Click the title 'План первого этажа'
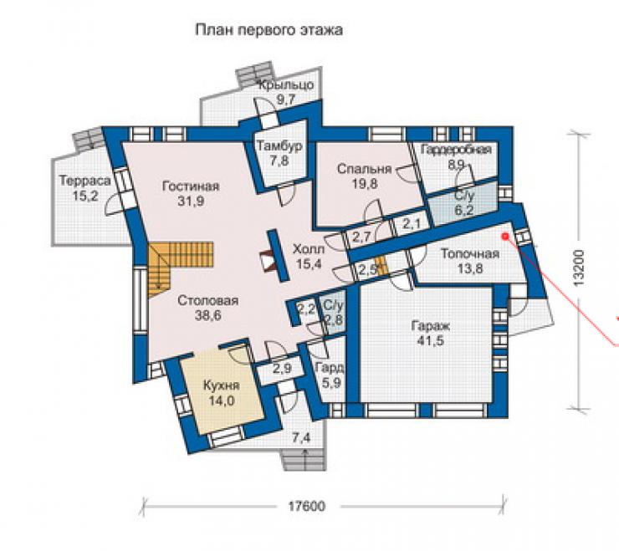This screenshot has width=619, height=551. tap(269, 30)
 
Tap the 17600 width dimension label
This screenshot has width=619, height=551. tap(307, 506)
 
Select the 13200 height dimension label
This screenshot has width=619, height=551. tap(579, 268)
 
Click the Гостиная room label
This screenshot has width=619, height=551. tap(191, 186)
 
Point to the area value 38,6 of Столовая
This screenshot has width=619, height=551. tap(208, 315)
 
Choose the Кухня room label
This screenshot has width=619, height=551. tap(222, 385)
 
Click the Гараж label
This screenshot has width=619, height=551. tap(431, 326)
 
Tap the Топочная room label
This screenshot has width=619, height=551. tap(470, 253)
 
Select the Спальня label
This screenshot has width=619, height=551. tap(365, 169)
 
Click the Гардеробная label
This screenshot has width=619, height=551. tap(456, 150)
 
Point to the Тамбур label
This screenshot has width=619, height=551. tap(280, 146)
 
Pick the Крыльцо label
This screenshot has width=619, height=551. tap(286, 84)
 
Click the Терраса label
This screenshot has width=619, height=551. tap(84, 181)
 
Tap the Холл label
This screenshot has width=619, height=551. tap(309, 249)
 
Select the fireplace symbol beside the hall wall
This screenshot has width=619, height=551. tap(268, 261)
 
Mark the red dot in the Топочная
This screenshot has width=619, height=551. tap(504, 236)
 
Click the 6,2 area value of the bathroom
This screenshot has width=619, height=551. tap(464, 210)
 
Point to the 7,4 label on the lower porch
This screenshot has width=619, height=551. tap(301, 438)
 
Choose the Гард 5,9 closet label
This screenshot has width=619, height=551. tap(330, 375)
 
